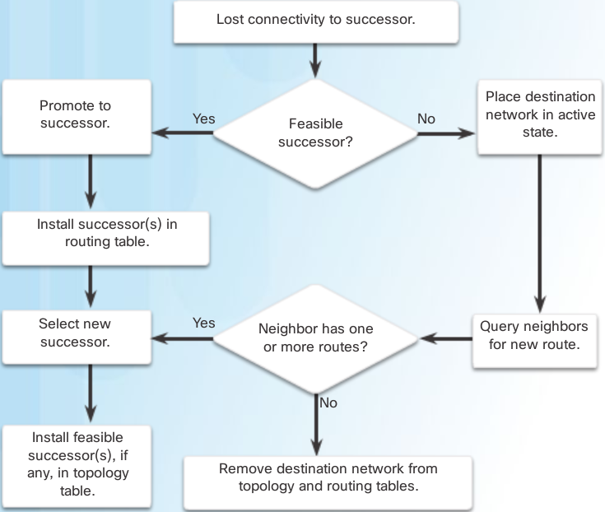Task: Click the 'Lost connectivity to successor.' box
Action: (x=315, y=20)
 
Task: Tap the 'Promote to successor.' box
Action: (x=75, y=114)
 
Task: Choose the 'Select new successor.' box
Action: (x=75, y=332)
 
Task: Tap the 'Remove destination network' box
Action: (x=328, y=477)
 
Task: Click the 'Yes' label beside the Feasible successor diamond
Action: (x=203, y=119)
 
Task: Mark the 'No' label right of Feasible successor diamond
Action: (x=426, y=119)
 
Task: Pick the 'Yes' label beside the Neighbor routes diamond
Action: (x=203, y=323)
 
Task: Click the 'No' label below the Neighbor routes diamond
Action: (x=328, y=403)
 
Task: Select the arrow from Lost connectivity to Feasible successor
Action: (x=315, y=59)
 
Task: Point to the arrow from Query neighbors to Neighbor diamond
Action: (x=444, y=337)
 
